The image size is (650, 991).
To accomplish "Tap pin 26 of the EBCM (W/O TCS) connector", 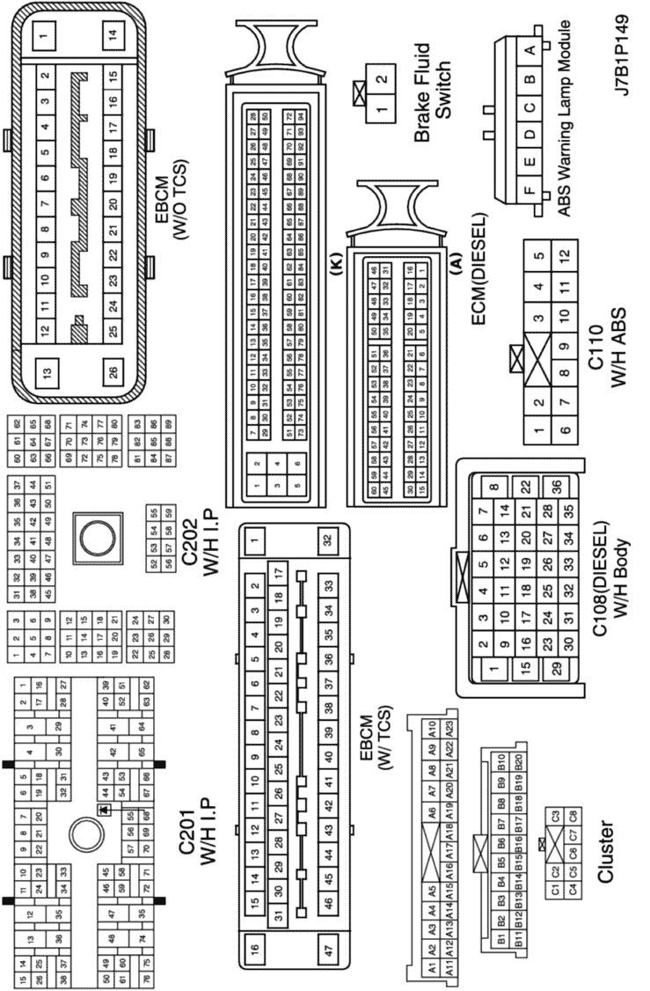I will [x=113, y=371].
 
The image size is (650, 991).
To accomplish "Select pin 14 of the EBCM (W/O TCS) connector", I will [x=113, y=36].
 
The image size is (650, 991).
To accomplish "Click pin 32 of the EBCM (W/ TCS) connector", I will [x=327, y=540].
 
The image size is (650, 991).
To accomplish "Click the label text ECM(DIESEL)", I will [x=479, y=268].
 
